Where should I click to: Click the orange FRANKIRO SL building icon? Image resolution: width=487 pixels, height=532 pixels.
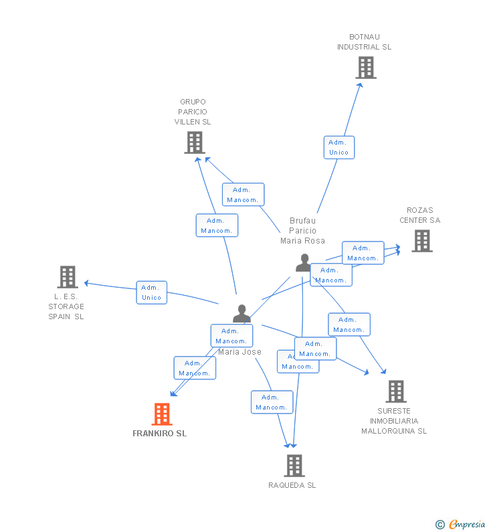click(x=162, y=414)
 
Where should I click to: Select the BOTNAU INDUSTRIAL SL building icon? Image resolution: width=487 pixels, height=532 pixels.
click(x=365, y=68)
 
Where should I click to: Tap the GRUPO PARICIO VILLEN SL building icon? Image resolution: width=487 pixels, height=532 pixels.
click(x=194, y=142)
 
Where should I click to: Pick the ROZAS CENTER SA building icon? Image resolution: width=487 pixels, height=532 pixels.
click(x=421, y=241)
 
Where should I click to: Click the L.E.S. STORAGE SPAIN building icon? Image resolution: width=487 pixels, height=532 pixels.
click(x=67, y=276)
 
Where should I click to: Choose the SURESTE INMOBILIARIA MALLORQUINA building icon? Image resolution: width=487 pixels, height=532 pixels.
click(x=395, y=391)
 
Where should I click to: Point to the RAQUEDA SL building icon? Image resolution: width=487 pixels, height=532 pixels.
click(x=294, y=465)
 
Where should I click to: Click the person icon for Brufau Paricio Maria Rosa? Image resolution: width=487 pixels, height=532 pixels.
click(x=304, y=262)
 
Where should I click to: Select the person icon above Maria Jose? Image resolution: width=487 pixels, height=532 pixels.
click(x=241, y=313)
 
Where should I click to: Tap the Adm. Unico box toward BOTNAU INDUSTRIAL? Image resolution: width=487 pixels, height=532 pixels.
click(x=338, y=147)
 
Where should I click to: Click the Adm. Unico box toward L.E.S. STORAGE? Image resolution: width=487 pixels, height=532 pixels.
click(x=151, y=292)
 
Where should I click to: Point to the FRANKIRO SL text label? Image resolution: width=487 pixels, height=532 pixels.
click(x=159, y=434)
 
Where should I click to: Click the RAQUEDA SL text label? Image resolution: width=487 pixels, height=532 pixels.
click(x=292, y=485)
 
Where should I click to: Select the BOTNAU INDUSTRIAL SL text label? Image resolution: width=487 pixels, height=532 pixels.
click(x=364, y=42)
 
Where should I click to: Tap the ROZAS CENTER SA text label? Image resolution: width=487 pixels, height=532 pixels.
click(x=420, y=215)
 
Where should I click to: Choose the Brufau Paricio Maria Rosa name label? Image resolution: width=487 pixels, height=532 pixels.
click(x=302, y=231)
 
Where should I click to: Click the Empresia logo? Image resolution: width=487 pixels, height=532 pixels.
click(x=461, y=525)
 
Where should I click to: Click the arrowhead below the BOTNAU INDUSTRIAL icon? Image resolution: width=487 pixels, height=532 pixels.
click(x=359, y=85)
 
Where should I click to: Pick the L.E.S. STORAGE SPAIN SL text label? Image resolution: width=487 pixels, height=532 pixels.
click(x=66, y=306)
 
